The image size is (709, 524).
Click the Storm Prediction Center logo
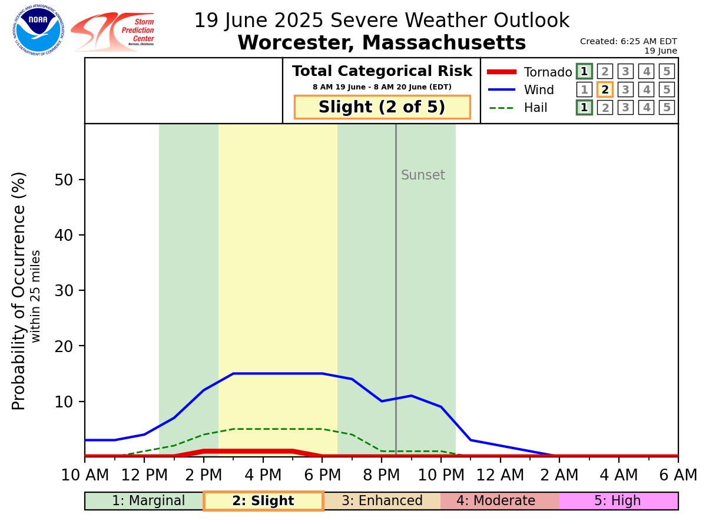[x=112, y=32]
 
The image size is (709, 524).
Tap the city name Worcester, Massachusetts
[x=382, y=43]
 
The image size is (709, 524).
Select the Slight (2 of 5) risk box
[x=382, y=107]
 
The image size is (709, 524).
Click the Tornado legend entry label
[x=548, y=72]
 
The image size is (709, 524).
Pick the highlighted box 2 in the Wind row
[x=605, y=89]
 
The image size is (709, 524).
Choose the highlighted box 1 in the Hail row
[x=584, y=108]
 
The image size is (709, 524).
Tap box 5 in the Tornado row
[x=667, y=72]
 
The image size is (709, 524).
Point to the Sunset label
[x=423, y=175]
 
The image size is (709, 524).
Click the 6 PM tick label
[x=322, y=475]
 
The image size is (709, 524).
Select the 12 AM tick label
[x=500, y=475]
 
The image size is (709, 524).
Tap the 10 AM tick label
[x=85, y=475]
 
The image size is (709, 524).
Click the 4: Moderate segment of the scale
[x=500, y=501]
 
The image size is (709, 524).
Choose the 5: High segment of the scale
[x=618, y=501]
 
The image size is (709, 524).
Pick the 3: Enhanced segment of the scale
[x=382, y=501]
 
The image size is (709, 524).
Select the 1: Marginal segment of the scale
[x=145, y=501]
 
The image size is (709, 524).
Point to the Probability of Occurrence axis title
[x=19, y=290]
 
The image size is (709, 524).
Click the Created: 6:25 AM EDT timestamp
[x=628, y=41]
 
